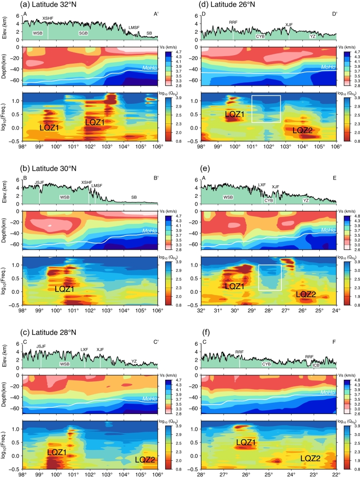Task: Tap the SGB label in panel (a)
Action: coord(83,34)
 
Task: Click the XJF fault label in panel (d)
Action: coord(289,24)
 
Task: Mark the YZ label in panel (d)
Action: coord(312,36)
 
